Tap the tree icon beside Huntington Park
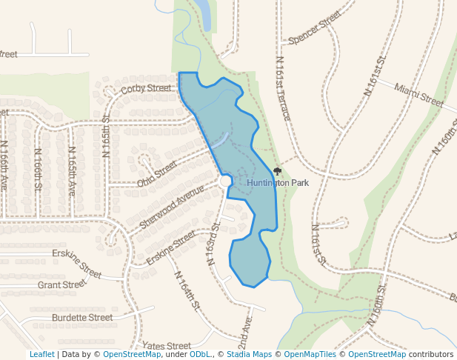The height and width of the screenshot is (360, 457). tap(278, 171)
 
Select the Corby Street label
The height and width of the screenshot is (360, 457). tap(146, 88)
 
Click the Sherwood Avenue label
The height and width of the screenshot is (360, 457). tap(171, 207)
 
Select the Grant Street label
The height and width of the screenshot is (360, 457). tap(62, 284)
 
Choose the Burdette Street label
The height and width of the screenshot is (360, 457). tap(82, 318)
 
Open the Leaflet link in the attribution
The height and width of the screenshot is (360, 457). tap(41, 355)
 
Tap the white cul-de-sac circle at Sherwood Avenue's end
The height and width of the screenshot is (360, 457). tap(226, 181)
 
